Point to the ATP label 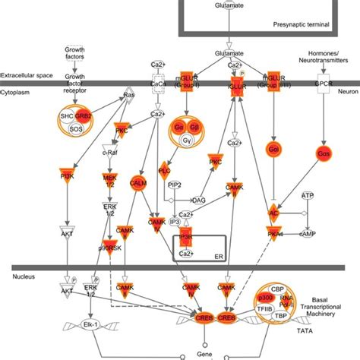click(307, 196)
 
